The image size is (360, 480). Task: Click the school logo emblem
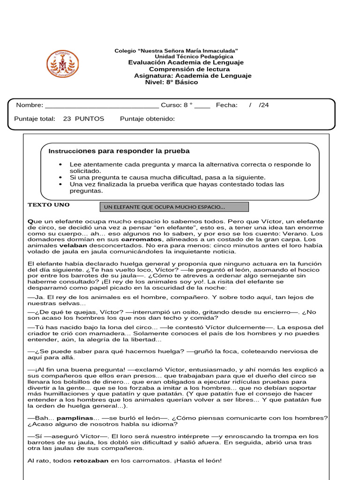62,64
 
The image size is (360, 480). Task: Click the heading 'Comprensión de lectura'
186,69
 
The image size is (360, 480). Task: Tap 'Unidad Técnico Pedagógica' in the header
194,56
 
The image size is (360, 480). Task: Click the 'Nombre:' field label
30,105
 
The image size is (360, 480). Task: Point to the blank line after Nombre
102,106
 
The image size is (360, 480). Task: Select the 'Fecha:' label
226,105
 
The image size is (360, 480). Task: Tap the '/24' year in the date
264,105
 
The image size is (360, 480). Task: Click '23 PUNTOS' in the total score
83,119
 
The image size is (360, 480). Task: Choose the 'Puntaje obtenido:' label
147,119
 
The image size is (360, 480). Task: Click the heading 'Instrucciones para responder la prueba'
119,151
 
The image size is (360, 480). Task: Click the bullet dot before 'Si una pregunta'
60,178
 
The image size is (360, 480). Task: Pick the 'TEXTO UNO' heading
49,205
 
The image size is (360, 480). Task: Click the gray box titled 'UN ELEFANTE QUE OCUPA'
174,207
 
